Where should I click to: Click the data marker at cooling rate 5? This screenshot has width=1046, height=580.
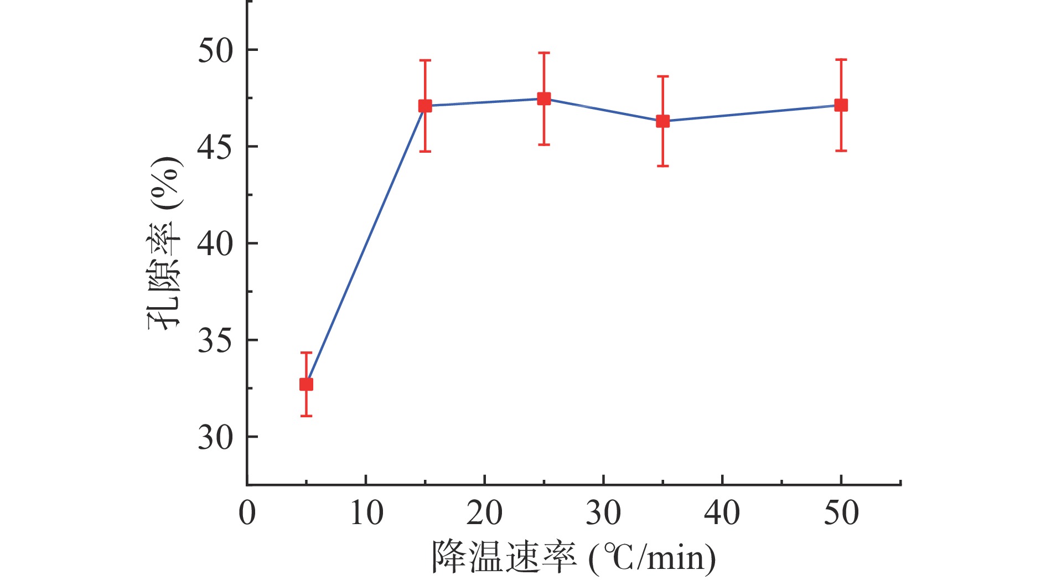(306, 384)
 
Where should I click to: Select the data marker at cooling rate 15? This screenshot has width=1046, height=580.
(425, 106)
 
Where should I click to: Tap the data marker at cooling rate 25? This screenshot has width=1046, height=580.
(544, 99)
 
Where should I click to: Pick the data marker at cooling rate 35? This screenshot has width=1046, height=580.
(662, 121)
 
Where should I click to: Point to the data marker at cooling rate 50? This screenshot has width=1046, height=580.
(841, 105)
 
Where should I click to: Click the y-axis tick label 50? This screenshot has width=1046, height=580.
(216, 50)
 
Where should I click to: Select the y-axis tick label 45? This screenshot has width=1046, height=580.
(216, 147)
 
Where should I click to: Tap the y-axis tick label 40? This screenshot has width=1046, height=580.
(216, 244)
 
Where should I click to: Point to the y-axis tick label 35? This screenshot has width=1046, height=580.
(216, 341)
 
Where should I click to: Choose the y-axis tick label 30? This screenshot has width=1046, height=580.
(216, 438)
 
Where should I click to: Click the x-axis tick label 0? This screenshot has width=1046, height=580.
(247, 513)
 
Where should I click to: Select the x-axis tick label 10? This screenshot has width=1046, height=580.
(366, 513)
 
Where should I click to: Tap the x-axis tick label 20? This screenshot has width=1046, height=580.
(485, 513)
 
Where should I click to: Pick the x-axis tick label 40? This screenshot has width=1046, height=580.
(722, 513)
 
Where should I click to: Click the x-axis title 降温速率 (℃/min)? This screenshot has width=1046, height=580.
(573, 557)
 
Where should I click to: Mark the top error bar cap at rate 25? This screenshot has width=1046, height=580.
(544, 53)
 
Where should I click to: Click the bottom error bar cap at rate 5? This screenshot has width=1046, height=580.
(306, 416)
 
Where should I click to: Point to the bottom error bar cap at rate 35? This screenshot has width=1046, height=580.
(662, 166)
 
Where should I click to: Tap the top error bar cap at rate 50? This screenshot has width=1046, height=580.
(841, 59)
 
